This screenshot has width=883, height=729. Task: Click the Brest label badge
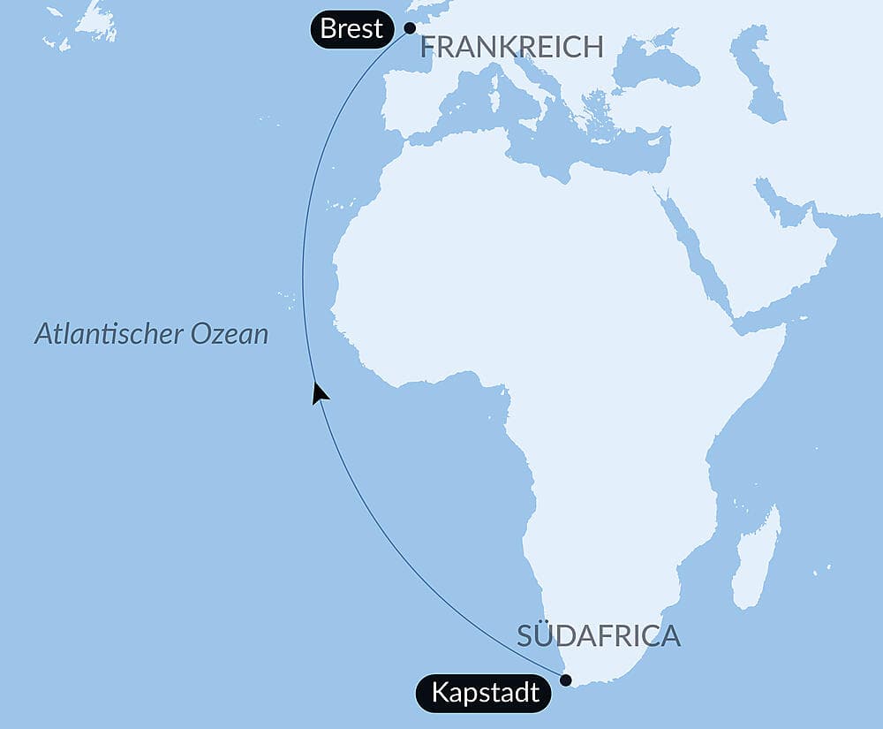[x=351, y=29]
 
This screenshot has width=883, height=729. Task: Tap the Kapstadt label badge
[x=485, y=692]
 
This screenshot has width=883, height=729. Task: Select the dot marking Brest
[x=410, y=27]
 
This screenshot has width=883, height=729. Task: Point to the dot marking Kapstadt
[x=566, y=680]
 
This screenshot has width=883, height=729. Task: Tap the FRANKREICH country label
[x=511, y=47]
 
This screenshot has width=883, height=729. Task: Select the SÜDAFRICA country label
[x=599, y=635]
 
